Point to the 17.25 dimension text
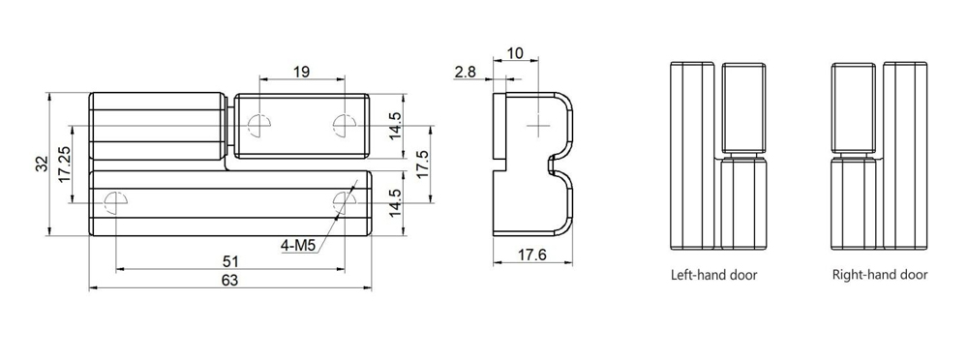(63, 164)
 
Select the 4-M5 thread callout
(298, 246)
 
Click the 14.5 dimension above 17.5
(395, 126)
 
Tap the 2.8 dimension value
(465, 72)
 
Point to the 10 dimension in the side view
(515, 53)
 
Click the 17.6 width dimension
(531, 255)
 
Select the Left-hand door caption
(713, 275)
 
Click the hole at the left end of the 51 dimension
(114, 201)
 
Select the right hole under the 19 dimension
(342, 123)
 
